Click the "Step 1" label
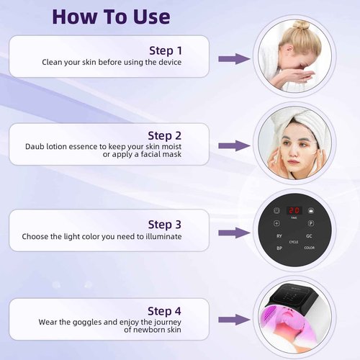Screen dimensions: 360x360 (x=165, y=50)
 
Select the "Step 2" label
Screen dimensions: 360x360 (x=164, y=135)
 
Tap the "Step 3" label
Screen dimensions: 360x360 (x=164, y=225)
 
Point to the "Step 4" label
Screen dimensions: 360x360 (x=164, y=310)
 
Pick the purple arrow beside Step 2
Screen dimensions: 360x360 (x=234, y=145)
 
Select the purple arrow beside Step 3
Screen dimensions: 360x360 (x=234, y=233)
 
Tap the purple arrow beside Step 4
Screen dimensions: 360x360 (x=234, y=319)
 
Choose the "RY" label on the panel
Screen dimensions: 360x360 (x=279, y=236)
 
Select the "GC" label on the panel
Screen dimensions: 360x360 (x=308, y=236)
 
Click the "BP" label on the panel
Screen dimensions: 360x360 (x=279, y=248)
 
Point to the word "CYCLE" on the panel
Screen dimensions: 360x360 (x=294, y=243)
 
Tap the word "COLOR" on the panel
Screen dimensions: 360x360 (x=310, y=248)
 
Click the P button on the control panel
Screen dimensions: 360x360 (x=311, y=224)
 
